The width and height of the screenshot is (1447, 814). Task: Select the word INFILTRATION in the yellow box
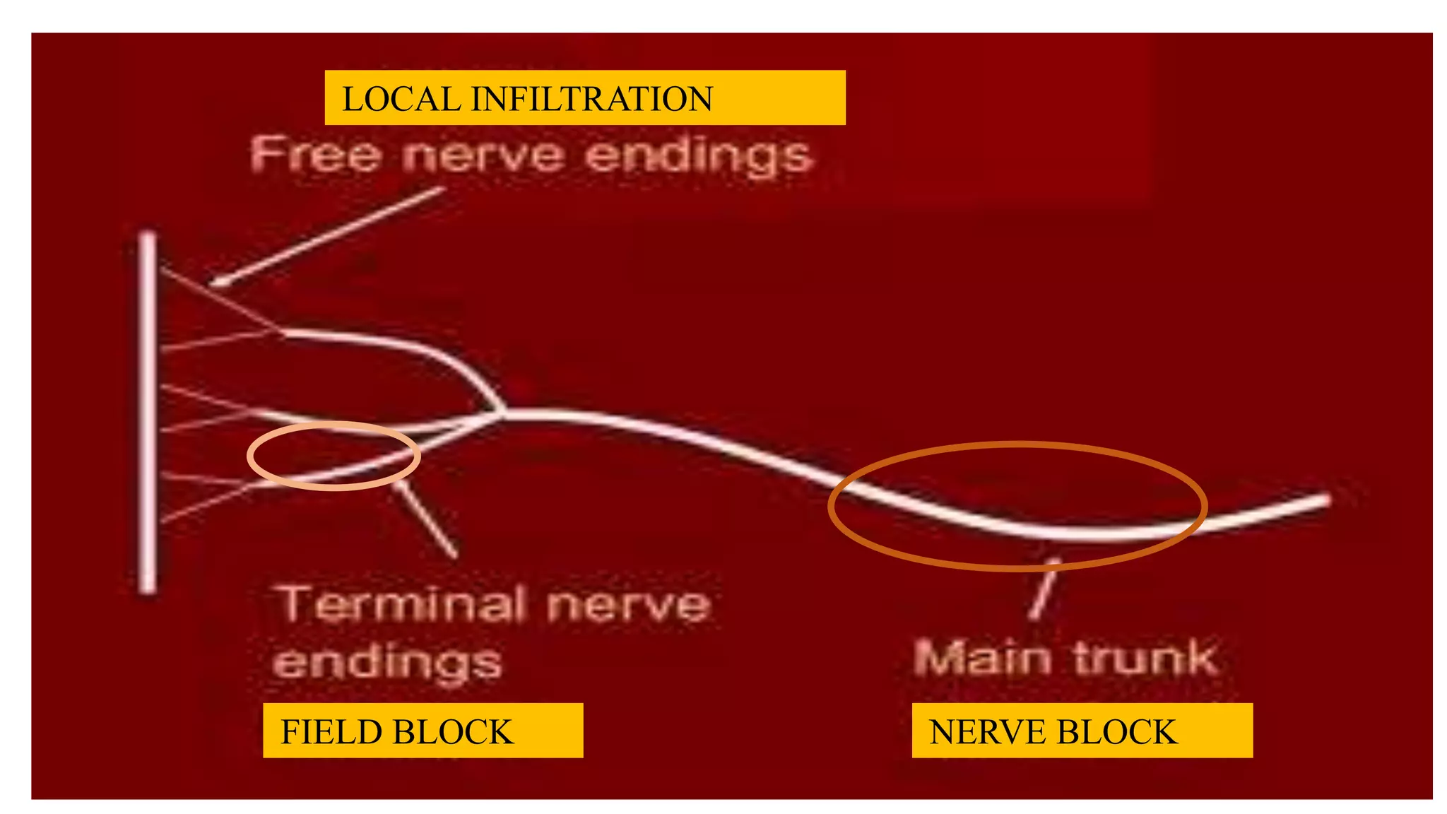coord(591,99)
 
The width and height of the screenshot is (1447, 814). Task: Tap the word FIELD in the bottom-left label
coord(326,732)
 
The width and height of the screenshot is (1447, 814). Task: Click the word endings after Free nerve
coord(699,156)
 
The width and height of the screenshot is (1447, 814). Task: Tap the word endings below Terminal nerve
coord(387,663)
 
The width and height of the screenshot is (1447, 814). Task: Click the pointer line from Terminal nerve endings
coord(427,520)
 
